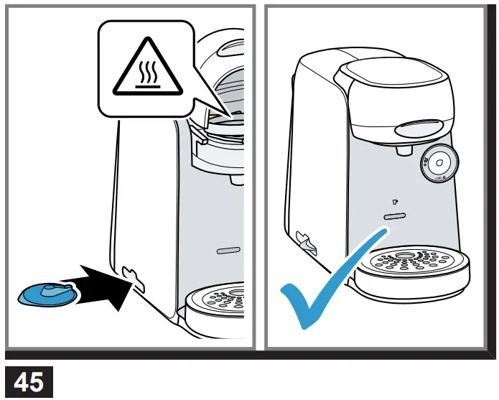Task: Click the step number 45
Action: (28, 381)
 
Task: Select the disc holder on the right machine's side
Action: (303, 241)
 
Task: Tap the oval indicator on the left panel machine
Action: (228, 251)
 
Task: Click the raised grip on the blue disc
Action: (55, 289)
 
